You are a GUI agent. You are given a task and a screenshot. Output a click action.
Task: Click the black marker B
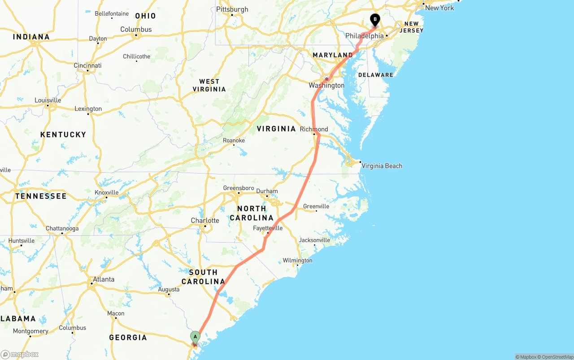pyautogui.click(x=375, y=20)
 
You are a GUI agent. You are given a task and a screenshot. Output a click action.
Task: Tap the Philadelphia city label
pyautogui.click(x=364, y=36)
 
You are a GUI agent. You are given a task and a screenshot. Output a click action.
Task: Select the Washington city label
pyautogui.click(x=326, y=85)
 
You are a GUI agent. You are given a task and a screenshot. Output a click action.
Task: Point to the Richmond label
pyautogui.click(x=314, y=129)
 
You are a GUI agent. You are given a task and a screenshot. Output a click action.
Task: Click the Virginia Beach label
pyautogui.click(x=382, y=166)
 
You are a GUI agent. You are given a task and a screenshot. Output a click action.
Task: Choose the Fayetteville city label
pyautogui.click(x=268, y=228)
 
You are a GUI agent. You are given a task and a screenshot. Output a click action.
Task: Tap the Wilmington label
pyautogui.click(x=297, y=260)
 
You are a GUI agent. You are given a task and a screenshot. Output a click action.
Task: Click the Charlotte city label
pyautogui.click(x=205, y=221)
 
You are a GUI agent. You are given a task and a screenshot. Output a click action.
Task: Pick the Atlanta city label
pyautogui.click(x=103, y=279)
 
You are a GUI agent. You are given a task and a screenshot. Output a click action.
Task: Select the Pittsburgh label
pyautogui.click(x=232, y=9)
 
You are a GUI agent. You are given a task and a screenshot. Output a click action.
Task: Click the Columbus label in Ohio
pyautogui.click(x=136, y=30)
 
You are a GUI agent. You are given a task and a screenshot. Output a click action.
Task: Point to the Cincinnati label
pyautogui.click(x=87, y=65)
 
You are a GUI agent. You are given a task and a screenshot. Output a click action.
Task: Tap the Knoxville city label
pyautogui.click(x=106, y=192)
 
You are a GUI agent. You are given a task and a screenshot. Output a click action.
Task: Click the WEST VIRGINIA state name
pyautogui.click(x=209, y=85)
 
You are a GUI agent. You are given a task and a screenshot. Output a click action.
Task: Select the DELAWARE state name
pyautogui.click(x=375, y=75)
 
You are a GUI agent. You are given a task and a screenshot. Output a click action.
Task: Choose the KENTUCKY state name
pyautogui.click(x=63, y=134)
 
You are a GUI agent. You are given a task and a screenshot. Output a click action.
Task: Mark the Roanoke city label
pyautogui.click(x=234, y=140)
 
